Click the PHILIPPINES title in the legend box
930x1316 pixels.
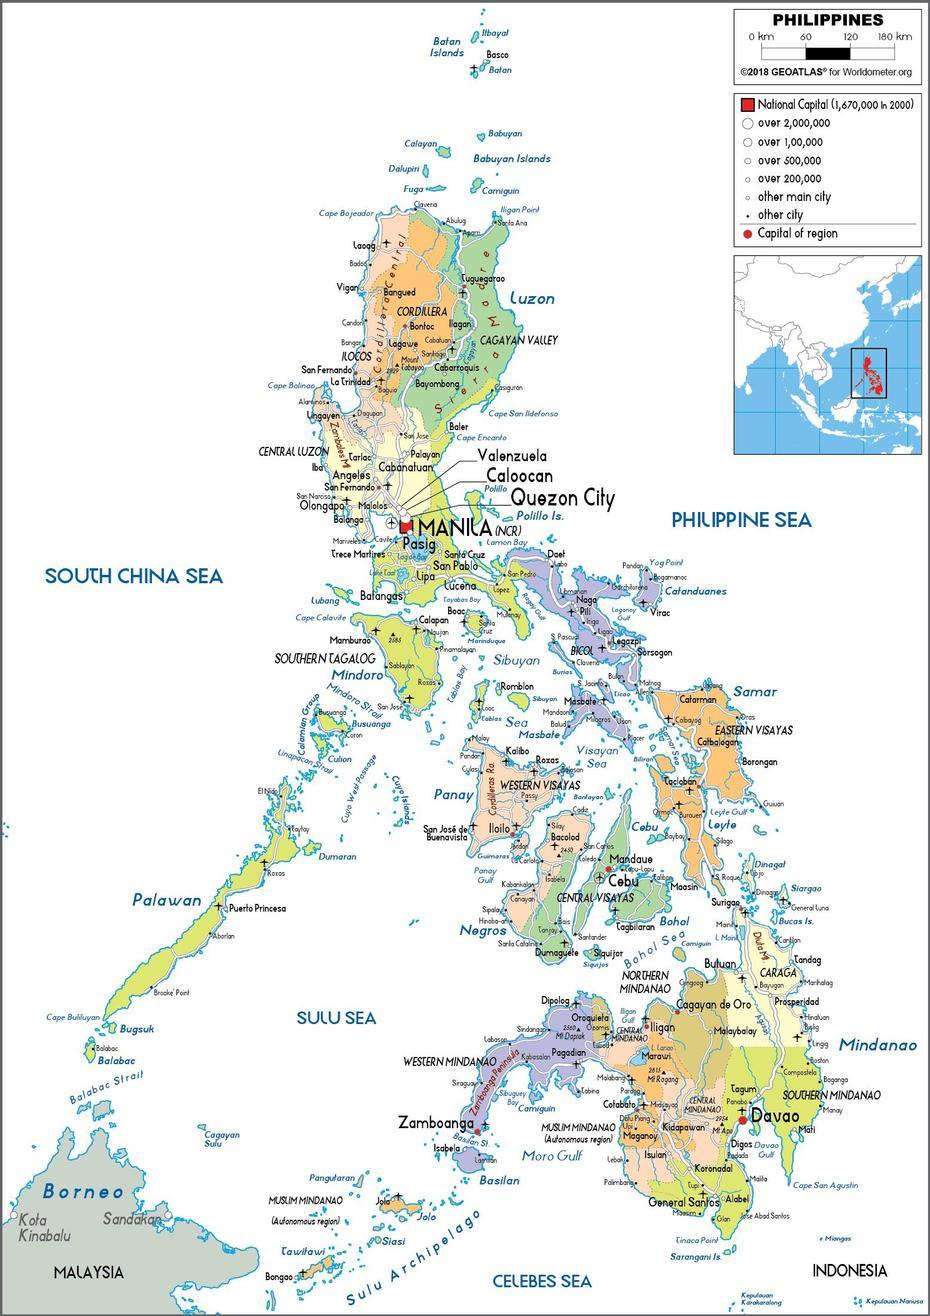[827, 20]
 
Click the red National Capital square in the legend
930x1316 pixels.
[746, 105]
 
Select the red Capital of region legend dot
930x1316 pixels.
[746, 234]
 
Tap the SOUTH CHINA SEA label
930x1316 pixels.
[134, 576]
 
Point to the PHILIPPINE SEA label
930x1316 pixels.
[741, 520]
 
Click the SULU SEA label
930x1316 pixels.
[336, 1018]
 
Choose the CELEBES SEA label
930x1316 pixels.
[541, 1281]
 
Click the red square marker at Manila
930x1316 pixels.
[406, 526]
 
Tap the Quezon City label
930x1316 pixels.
[563, 497]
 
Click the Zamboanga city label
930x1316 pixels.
[436, 1123]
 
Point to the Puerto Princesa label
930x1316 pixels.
[257, 908]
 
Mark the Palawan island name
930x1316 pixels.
[167, 900]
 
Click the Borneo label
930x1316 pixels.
[83, 1192]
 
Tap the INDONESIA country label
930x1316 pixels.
[849, 1271]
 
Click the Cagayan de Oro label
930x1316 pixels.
[713, 1005]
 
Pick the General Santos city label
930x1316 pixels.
[685, 1202]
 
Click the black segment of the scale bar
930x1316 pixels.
[827, 52]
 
